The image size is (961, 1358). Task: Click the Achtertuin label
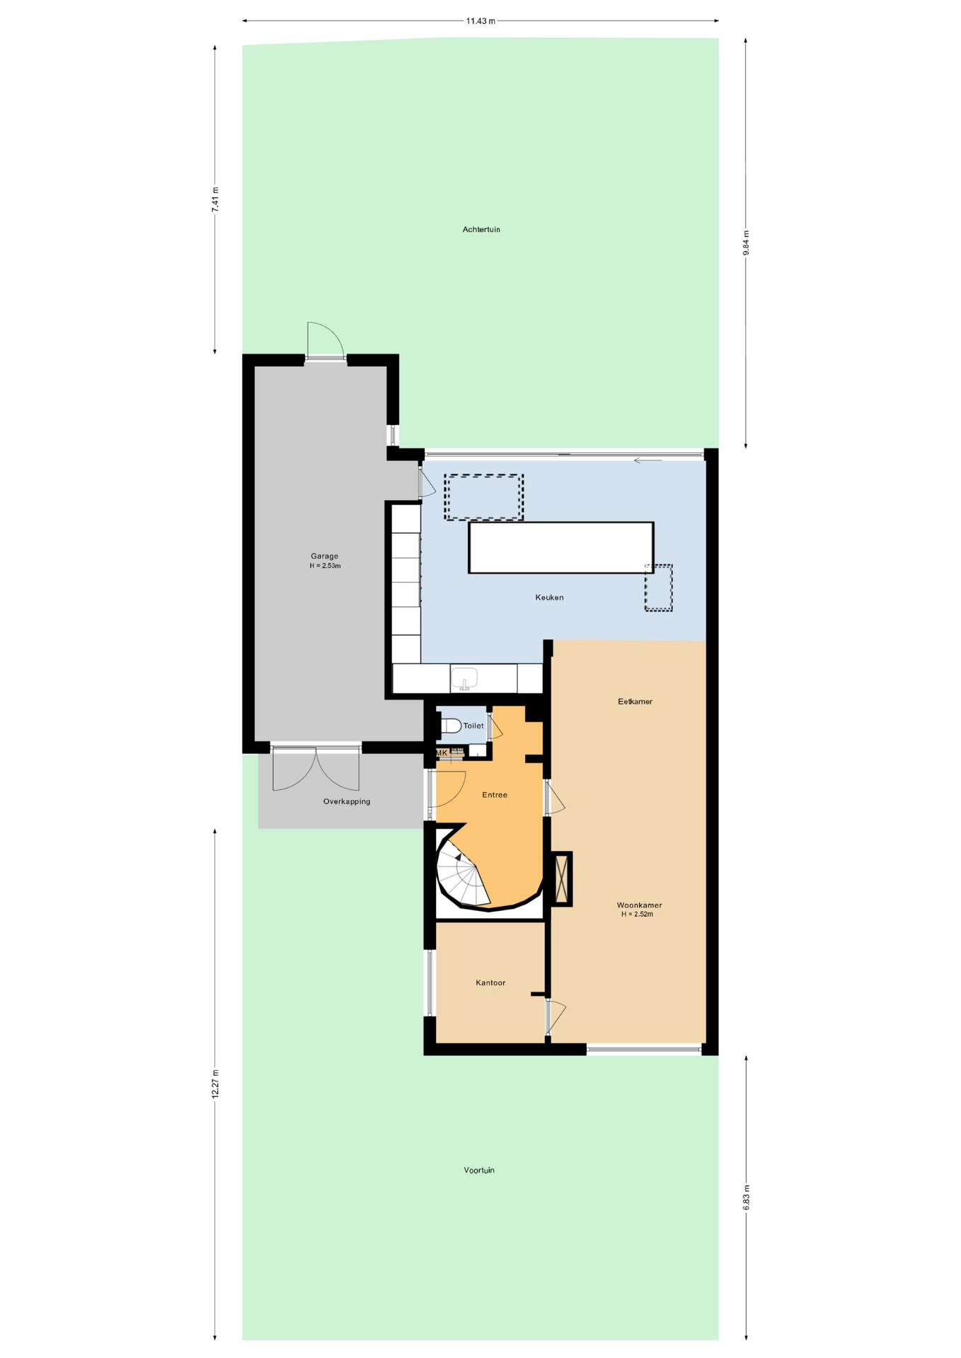click(481, 229)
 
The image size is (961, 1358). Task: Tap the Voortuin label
click(479, 1170)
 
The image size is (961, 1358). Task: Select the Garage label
click(324, 556)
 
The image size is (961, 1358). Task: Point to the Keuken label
click(549, 598)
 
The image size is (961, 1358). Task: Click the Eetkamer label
click(635, 702)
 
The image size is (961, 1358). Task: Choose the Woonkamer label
click(639, 905)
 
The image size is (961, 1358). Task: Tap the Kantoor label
click(490, 982)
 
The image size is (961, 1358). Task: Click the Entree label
click(495, 795)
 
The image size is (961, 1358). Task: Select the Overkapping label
click(347, 801)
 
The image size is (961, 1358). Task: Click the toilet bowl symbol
click(451, 725)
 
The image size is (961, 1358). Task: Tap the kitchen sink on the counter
click(464, 678)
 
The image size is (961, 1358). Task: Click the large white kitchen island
click(560, 547)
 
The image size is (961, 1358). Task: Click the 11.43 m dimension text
click(480, 21)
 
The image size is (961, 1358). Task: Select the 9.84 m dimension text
click(746, 243)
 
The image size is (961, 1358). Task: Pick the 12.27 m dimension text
click(215, 1084)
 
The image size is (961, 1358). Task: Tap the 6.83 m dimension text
click(746, 1198)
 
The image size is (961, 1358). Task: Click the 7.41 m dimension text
click(215, 199)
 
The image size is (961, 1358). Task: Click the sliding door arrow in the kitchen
click(648, 460)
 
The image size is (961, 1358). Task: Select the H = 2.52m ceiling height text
click(637, 915)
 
